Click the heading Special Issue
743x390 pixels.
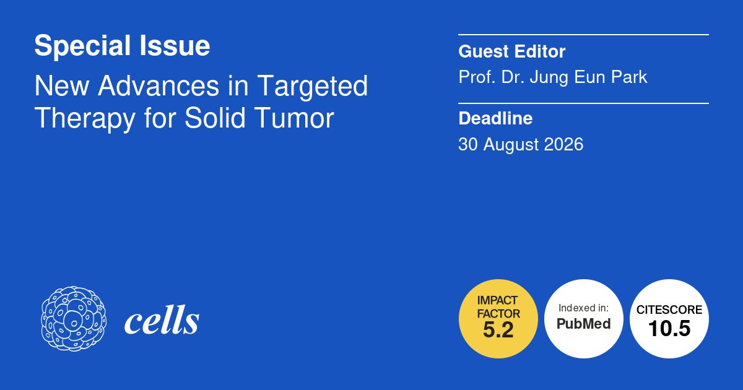(122, 46)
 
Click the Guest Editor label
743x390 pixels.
(511, 52)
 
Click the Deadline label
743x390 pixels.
(495, 118)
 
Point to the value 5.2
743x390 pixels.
(498, 331)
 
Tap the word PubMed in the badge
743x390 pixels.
(584, 324)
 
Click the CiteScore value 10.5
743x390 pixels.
(669, 329)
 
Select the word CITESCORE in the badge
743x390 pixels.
(669, 310)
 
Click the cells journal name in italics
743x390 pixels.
(162, 321)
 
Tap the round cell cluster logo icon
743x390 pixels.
(73, 319)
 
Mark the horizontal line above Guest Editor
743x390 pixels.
(583, 35)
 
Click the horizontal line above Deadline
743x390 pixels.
(583, 103)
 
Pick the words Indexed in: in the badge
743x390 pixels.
(584, 308)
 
